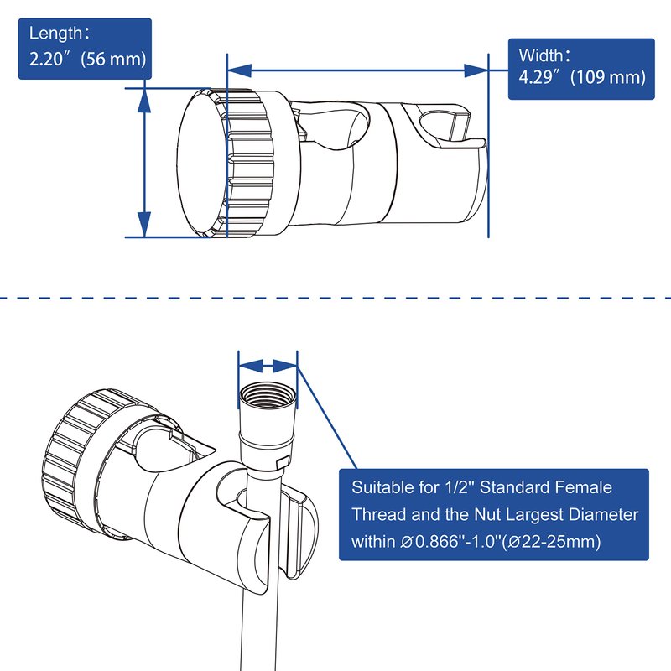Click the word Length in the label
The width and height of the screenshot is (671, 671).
point(53,34)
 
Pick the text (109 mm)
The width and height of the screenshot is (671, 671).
point(607,77)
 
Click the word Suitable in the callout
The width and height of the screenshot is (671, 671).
point(381,487)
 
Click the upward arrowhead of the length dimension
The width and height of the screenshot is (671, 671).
point(143,97)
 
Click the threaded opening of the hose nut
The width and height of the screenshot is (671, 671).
point(268,393)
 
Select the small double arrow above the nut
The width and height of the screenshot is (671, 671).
point(268,365)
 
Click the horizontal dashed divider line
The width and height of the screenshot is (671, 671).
point(335,297)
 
